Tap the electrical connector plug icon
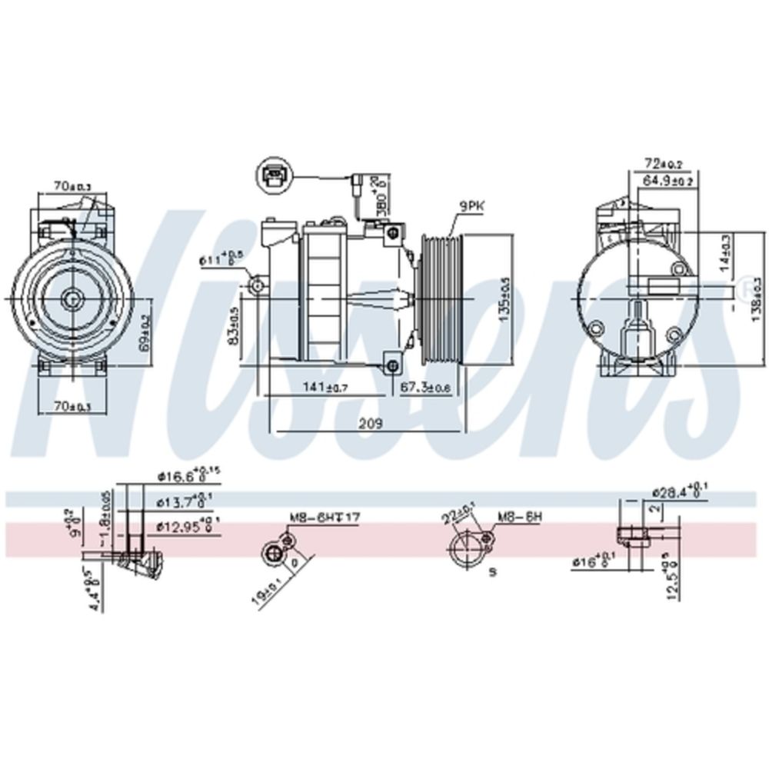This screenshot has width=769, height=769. [x=273, y=175]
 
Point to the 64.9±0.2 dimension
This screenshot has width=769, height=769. [x=667, y=180]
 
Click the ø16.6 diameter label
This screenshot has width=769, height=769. [x=187, y=477]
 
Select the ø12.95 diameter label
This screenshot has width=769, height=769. [x=188, y=527]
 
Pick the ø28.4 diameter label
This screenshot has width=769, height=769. [x=679, y=491]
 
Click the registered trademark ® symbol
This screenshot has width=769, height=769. [x=744, y=289]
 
